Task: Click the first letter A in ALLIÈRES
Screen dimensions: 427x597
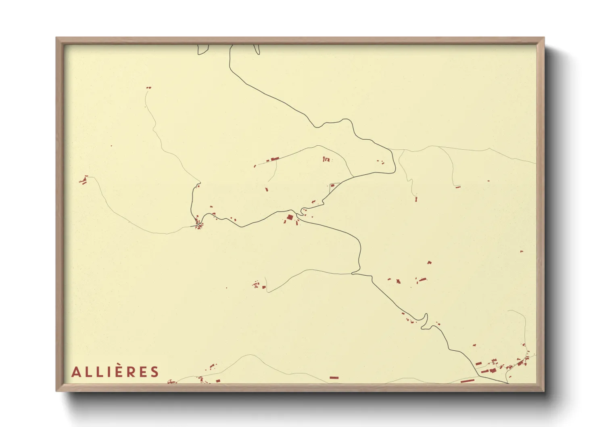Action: [75, 372]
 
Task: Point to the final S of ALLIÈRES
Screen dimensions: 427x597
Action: [154, 372]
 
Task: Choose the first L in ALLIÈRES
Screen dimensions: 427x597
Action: [87, 372]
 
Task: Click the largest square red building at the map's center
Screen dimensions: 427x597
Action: [290, 218]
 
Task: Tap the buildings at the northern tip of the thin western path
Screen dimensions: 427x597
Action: [148, 87]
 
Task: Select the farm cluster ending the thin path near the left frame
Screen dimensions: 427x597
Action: [84, 180]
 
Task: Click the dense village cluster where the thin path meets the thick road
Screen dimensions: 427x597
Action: [198, 223]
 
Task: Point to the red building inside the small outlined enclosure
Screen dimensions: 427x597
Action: [332, 186]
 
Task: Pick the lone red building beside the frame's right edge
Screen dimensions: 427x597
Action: [521, 251]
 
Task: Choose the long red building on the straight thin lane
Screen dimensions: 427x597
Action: [274, 159]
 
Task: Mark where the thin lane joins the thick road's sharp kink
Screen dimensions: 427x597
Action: [353, 274]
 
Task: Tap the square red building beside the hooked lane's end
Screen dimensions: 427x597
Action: [264, 287]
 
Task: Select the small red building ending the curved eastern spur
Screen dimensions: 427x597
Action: [457, 186]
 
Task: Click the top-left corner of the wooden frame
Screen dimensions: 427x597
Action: [56, 38]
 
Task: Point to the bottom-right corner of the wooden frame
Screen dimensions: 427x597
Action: [544, 391]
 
